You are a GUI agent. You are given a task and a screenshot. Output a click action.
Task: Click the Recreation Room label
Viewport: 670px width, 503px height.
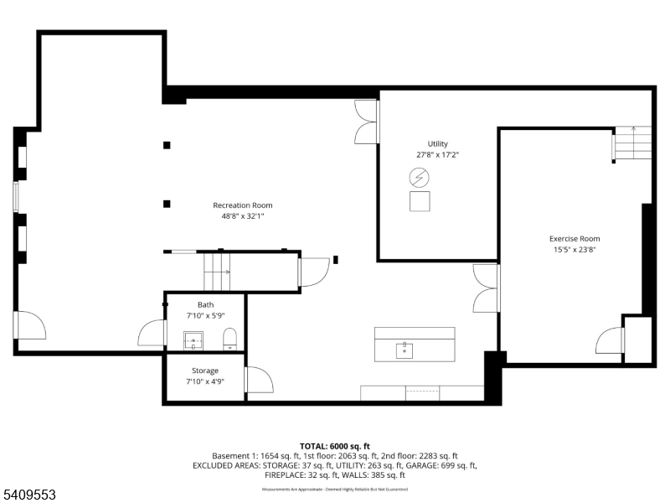point(242,205)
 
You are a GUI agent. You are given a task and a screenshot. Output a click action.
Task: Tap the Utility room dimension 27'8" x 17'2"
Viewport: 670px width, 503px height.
point(438,155)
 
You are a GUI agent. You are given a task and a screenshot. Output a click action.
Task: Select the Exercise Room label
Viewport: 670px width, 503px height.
point(575,239)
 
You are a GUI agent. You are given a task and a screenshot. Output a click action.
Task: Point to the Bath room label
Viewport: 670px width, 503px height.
point(205,304)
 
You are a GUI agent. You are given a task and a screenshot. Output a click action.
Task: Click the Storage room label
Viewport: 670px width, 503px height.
point(205,371)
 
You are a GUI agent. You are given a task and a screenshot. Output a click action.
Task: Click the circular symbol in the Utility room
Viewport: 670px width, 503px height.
point(419,178)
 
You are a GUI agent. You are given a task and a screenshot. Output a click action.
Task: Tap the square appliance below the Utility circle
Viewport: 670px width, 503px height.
point(419,201)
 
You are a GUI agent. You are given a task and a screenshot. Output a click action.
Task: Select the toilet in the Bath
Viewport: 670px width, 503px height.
point(230,340)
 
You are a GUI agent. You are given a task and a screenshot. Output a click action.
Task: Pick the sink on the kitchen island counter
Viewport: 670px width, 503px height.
point(405,347)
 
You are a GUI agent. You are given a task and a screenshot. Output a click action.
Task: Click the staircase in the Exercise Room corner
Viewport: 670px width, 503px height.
point(632,143)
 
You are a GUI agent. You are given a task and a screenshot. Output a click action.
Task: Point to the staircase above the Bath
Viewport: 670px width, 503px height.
point(218,270)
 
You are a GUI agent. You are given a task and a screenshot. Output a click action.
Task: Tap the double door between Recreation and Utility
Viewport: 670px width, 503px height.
point(367,122)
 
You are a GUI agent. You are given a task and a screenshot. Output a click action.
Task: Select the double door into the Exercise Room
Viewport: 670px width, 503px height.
point(487,288)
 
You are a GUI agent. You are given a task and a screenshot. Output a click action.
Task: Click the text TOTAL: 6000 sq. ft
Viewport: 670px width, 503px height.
point(335,446)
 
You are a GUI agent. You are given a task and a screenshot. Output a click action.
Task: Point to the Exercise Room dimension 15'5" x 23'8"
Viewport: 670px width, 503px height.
point(575,250)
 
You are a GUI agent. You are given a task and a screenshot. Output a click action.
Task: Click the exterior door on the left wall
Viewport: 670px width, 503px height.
point(30,325)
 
